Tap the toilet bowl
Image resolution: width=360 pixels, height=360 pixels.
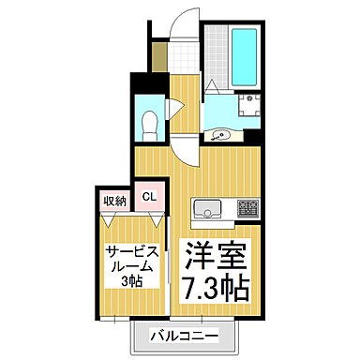[x=148, y=123]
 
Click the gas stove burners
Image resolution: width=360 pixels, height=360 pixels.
[x=248, y=208]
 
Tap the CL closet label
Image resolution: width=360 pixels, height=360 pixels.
[x=147, y=200]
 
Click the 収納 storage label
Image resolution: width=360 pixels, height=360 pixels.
[x=115, y=200]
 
